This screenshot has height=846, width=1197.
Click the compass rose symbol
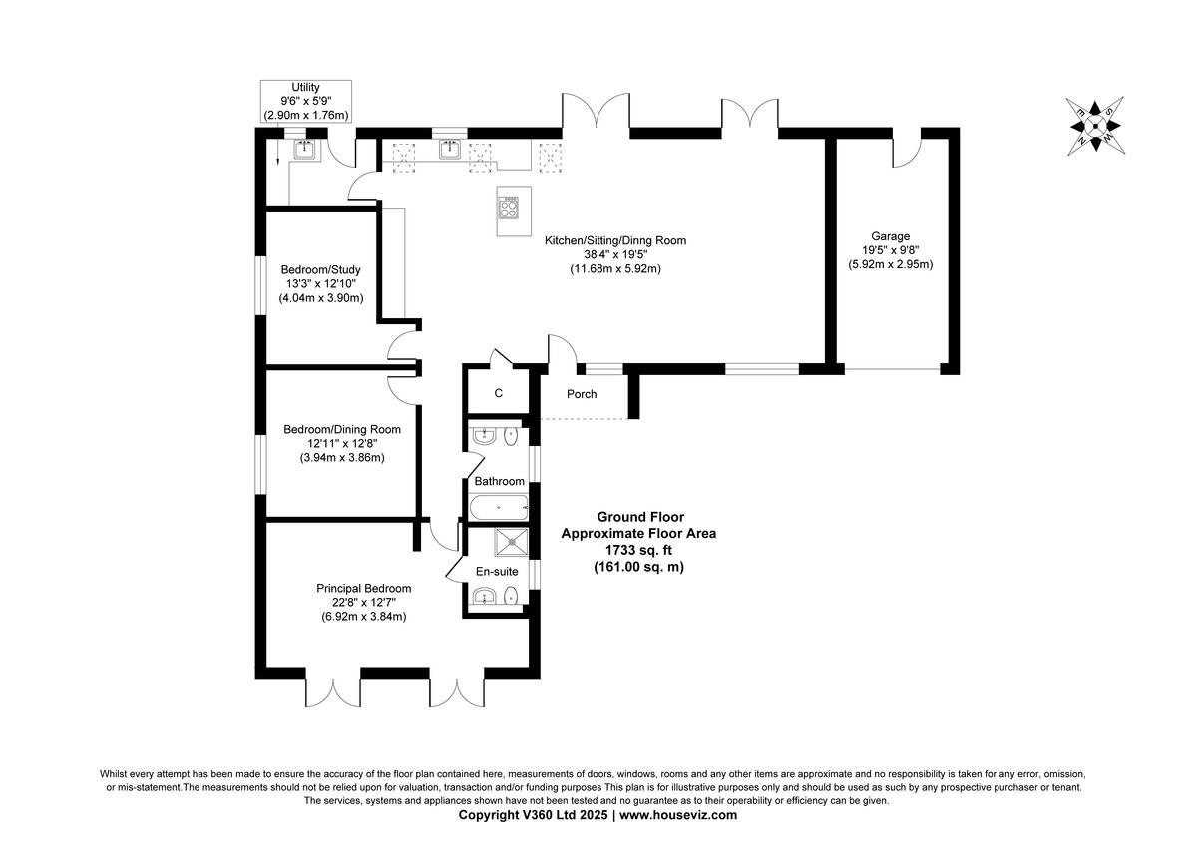point(1094,124)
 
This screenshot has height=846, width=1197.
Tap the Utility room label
point(305,88)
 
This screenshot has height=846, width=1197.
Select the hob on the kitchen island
point(509,209)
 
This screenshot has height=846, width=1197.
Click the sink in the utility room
point(304,150)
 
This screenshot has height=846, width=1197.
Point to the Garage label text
point(890,236)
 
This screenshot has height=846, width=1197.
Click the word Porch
point(582,394)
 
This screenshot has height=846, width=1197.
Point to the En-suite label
point(496,572)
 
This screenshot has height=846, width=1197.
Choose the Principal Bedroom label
point(363,589)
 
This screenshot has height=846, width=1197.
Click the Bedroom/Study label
point(320,269)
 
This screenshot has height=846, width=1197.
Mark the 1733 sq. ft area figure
point(638,550)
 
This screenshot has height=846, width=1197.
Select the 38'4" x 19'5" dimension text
point(614,254)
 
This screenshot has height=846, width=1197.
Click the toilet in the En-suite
point(511,597)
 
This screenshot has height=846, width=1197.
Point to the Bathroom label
point(499,481)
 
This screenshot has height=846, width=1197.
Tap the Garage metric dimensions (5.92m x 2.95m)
point(890,265)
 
